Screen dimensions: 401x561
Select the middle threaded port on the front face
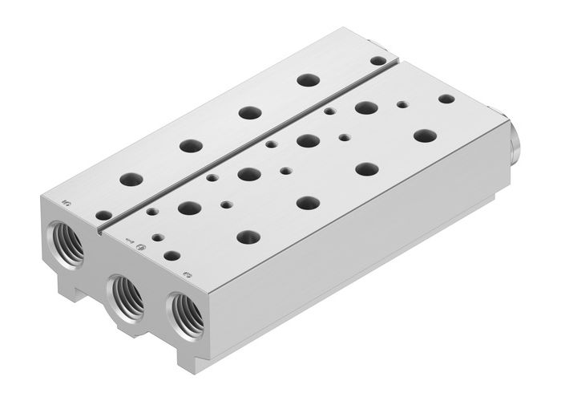coord(127,295)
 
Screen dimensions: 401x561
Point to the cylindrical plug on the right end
coord(515,141)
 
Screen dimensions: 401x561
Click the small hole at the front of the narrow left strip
coord(103,215)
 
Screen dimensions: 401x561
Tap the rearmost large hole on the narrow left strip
coord(305,80)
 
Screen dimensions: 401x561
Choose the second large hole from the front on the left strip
coord(190,146)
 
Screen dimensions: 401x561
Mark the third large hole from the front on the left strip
coord(248,112)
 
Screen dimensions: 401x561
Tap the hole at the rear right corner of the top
coord(446,99)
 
